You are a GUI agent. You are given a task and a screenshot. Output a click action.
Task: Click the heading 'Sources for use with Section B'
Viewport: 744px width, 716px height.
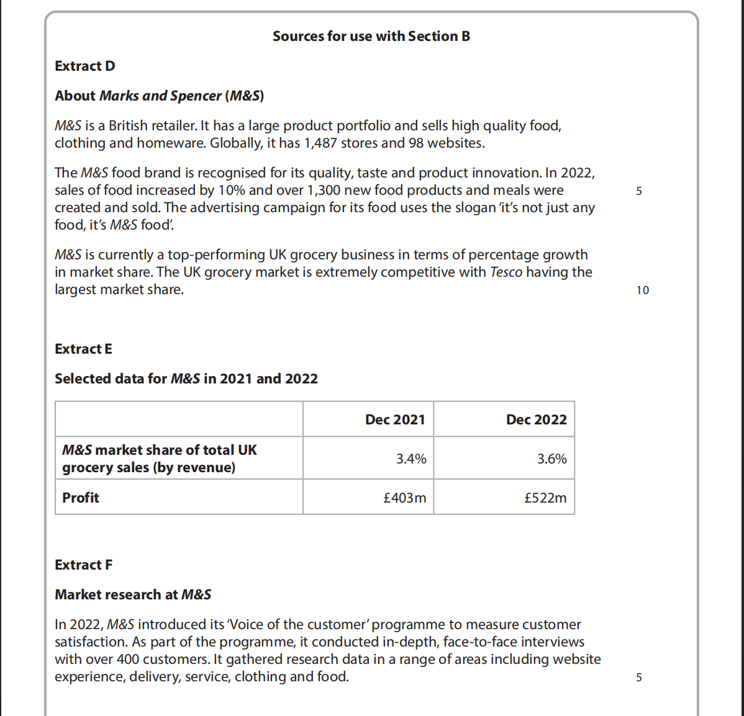click(371, 37)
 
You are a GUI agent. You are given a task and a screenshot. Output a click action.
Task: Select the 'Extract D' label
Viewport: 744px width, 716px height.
click(85, 66)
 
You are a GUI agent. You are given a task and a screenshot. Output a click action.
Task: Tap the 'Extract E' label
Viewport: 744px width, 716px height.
click(83, 349)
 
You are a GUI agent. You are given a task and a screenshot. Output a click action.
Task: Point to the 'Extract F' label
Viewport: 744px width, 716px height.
click(83, 565)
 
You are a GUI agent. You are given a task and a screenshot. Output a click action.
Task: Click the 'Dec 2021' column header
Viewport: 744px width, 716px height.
click(395, 420)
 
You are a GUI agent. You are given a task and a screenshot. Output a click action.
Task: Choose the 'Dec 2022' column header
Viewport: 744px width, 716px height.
click(536, 420)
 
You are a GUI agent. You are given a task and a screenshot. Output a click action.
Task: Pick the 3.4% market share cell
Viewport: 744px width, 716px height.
click(411, 459)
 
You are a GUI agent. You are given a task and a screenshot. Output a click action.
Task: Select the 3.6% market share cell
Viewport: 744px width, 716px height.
click(551, 459)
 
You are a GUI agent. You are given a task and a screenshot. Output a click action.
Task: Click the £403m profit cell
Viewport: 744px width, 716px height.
click(405, 498)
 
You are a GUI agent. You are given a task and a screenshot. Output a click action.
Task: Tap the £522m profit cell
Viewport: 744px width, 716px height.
click(545, 498)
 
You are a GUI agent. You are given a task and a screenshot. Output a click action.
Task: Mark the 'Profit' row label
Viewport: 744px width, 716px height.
click(81, 498)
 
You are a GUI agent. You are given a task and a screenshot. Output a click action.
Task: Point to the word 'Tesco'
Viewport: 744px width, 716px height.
click(506, 272)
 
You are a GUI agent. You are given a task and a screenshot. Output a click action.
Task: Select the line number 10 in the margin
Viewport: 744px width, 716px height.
click(642, 290)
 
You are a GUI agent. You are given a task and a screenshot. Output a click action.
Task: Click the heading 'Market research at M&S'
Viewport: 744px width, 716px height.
click(133, 595)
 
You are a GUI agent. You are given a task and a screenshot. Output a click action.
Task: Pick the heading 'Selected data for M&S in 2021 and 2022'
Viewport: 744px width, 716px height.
click(186, 379)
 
